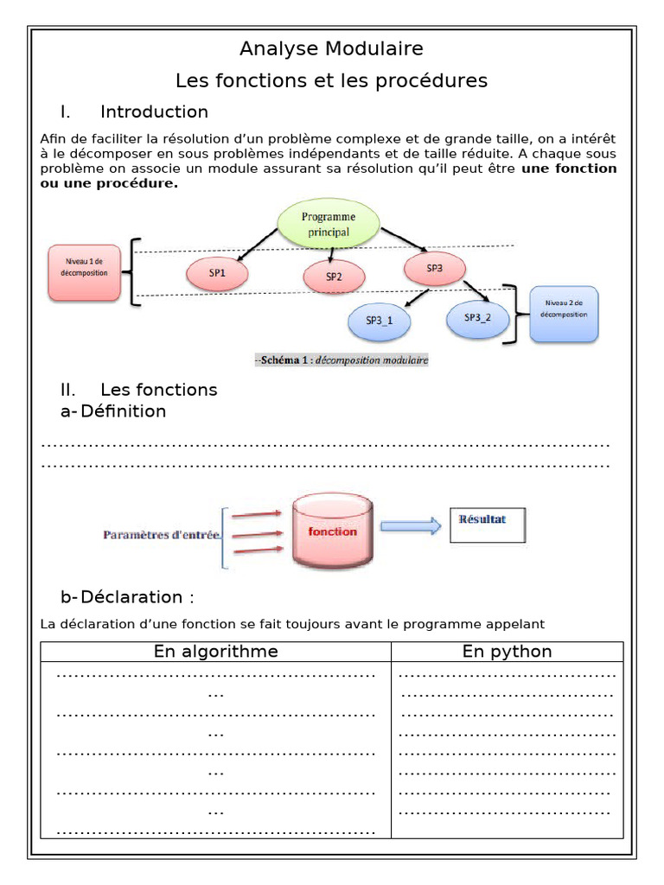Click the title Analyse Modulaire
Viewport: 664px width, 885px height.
[331, 48]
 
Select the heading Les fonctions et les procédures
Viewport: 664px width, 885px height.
[331, 80]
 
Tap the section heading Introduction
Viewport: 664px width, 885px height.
[154, 111]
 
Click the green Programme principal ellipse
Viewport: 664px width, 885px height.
[328, 223]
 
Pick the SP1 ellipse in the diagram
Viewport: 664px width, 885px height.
[217, 273]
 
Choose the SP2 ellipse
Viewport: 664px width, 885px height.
[334, 277]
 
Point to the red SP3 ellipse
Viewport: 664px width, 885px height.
[434, 269]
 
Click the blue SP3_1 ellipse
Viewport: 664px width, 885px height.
[379, 320]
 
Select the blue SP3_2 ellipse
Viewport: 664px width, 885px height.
[477, 317]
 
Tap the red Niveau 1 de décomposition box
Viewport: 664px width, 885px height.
[84, 271]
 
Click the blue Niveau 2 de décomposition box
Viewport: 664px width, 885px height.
[565, 314]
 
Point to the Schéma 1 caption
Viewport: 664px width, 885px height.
[342, 360]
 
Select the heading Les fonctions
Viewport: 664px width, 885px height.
[159, 390]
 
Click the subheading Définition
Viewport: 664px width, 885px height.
[123, 411]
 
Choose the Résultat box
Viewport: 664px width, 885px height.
[487, 525]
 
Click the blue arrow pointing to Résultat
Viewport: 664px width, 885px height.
[411, 526]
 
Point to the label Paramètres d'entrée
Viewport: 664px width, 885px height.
[162, 535]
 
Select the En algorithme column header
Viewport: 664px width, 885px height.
[216, 652]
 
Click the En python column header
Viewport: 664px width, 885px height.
[507, 652]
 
